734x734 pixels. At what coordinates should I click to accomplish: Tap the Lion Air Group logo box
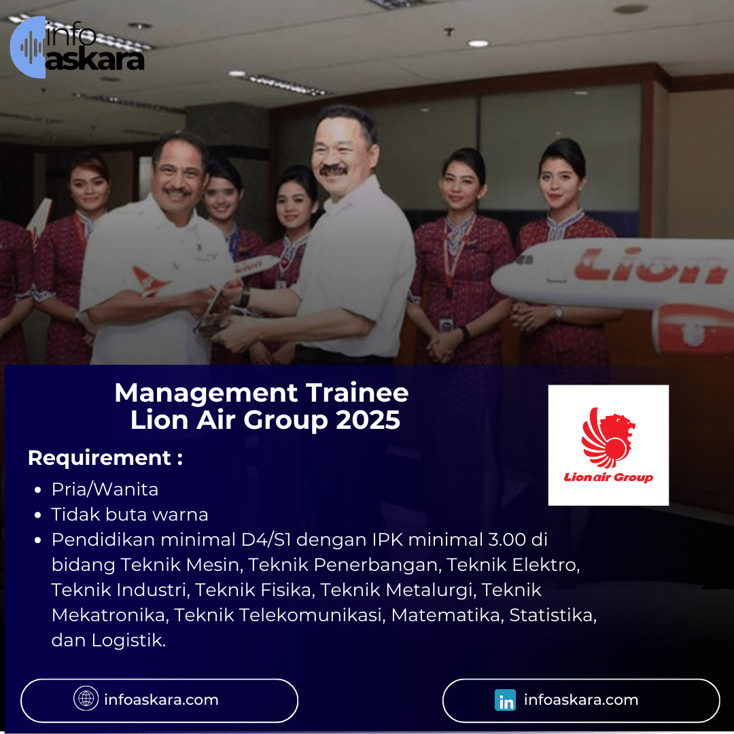(608, 445)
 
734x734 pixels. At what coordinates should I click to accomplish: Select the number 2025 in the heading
(368, 421)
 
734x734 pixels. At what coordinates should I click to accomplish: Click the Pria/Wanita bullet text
(105, 489)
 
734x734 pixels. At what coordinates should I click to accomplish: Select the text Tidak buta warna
(129, 514)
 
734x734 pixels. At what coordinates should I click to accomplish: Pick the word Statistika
(553, 615)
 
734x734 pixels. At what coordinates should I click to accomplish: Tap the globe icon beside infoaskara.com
(86, 699)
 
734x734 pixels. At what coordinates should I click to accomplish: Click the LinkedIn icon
(505, 700)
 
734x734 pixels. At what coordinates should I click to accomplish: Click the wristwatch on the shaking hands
(244, 298)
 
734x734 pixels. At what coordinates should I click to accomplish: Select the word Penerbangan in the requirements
(380, 565)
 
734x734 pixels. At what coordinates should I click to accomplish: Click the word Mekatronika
(109, 615)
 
